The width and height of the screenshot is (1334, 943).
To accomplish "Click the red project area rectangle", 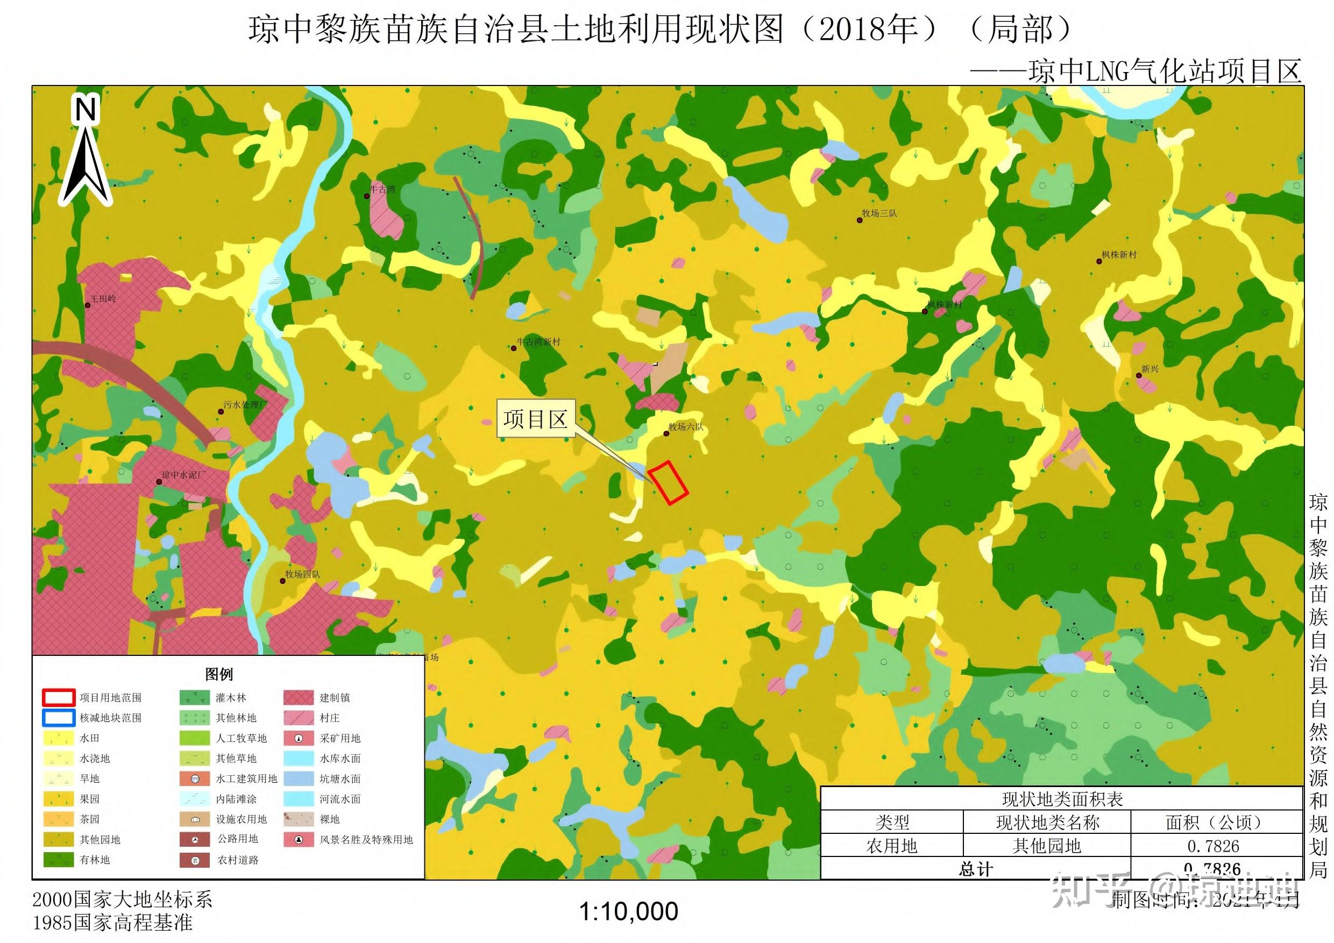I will point(668,482).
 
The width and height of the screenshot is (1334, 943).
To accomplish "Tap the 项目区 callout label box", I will point(535,419).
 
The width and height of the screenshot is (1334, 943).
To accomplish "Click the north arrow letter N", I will point(86,110).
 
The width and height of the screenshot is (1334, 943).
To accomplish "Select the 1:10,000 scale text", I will point(629,912).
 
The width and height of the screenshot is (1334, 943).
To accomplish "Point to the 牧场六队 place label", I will point(686,427).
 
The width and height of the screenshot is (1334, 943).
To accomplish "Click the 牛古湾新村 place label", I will point(538,342).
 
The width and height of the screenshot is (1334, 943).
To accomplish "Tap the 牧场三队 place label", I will point(879,213).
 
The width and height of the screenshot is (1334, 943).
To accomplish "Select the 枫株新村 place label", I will point(1119,255).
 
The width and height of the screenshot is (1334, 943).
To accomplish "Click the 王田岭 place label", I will point(103,299).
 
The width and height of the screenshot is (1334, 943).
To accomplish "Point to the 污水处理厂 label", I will point(245,405).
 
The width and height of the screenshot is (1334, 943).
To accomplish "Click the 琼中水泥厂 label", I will point(183,475).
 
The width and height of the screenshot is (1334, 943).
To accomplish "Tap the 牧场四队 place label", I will point(302,574).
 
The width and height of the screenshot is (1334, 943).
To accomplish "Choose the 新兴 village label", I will point(1150,369).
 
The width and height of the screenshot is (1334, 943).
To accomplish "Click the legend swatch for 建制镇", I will point(299,697).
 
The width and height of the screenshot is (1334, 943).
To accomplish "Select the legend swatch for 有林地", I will point(58,859).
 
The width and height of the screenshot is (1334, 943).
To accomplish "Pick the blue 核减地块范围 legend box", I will point(58,718).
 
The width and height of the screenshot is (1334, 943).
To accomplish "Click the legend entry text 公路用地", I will point(238,839).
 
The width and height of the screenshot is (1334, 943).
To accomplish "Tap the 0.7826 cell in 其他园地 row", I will point(1213,846).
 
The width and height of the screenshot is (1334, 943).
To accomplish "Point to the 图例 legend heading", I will point(219,674).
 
